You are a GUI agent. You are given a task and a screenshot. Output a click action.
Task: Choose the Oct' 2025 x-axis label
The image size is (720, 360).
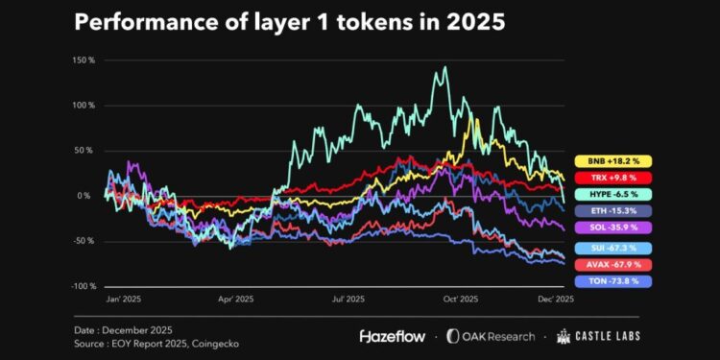click(460, 300)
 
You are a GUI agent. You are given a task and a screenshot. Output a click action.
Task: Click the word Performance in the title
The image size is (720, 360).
click(138, 23)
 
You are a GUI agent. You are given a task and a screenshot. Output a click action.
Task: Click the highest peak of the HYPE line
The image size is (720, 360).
click(444, 68)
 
